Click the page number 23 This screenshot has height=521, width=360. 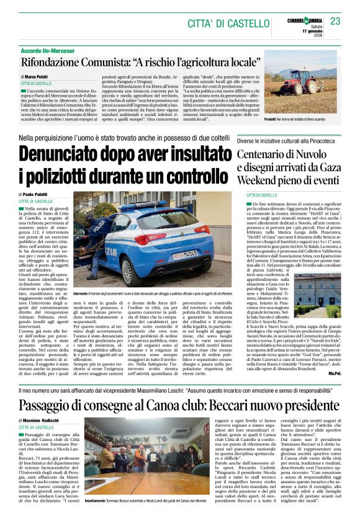(335, 22)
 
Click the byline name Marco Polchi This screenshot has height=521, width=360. (37, 76)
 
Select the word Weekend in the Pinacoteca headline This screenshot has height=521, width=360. (260, 180)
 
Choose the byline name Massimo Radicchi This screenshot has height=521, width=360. (45, 421)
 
